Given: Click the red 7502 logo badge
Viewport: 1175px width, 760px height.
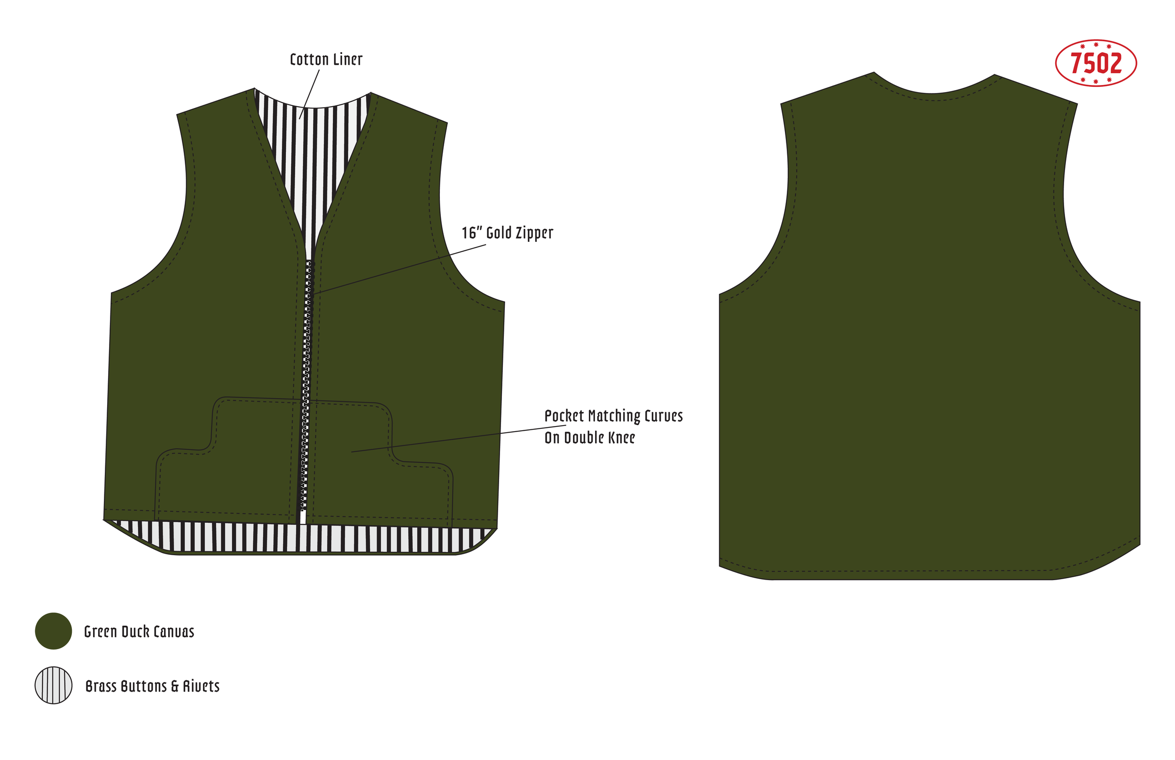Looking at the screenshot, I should (1096, 63).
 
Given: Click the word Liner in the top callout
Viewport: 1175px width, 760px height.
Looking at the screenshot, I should (347, 60).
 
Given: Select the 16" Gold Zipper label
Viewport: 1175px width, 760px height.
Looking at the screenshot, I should (507, 233).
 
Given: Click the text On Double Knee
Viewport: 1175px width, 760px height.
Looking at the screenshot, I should (589, 438).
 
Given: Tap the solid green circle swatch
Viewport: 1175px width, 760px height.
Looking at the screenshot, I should (53, 631).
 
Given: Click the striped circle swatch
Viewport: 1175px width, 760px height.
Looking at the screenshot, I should (53, 685).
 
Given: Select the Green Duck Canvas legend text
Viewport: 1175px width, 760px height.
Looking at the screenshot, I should (139, 632).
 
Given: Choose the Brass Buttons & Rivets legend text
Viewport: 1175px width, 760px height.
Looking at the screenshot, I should (152, 686).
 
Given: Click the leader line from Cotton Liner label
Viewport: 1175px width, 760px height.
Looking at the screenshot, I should (310, 94).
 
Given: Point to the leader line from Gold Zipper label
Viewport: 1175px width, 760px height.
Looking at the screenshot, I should (400, 270).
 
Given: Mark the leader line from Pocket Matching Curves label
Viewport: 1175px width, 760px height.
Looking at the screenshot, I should (459, 438).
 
